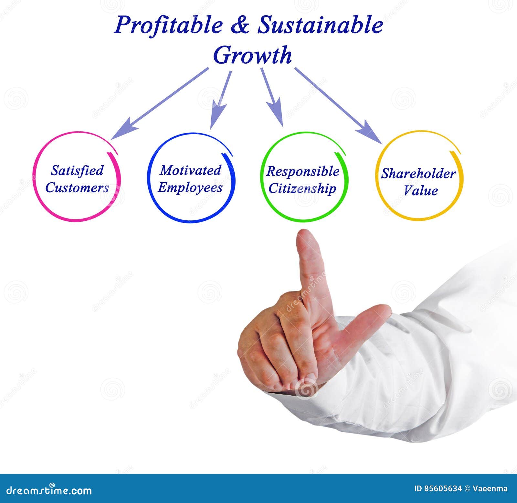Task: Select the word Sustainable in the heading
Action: pyautogui.click(x=320, y=25)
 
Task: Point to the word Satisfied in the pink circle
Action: pyautogui.click(x=77, y=170)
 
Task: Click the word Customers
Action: pyautogui.click(x=77, y=188)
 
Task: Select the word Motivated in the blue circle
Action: pyautogui.click(x=191, y=170)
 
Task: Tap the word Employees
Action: pyautogui.click(x=190, y=188)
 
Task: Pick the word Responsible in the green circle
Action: pyautogui.click(x=303, y=171)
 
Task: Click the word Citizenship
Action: pyautogui.click(x=302, y=189)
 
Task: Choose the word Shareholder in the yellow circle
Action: pyautogui.click(x=418, y=174)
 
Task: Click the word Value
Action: pyautogui.click(x=421, y=191)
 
